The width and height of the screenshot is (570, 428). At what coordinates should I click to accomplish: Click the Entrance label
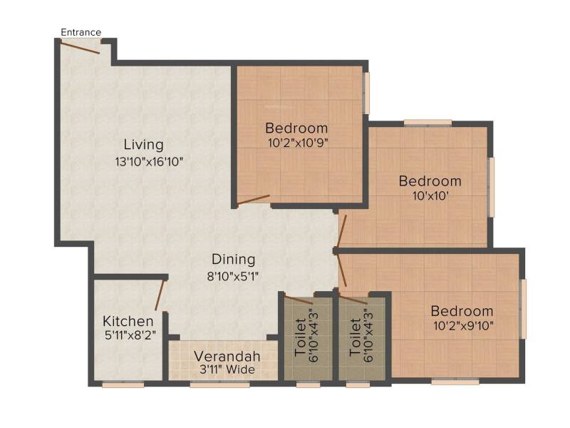click(x=81, y=32)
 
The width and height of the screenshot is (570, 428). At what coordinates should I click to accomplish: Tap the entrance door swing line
click(x=80, y=48)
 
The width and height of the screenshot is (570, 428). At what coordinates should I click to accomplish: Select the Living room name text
click(x=144, y=145)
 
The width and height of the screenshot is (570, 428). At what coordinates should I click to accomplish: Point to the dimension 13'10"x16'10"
click(x=149, y=162)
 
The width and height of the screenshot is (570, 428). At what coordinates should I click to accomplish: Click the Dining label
click(x=234, y=260)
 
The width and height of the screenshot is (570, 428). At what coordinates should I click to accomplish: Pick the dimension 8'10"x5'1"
click(x=233, y=276)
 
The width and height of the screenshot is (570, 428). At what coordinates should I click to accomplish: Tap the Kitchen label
click(x=128, y=322)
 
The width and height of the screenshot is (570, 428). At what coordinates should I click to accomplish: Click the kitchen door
click(x=160, y=295)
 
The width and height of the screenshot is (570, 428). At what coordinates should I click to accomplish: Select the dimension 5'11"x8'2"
click(x=130, y=335)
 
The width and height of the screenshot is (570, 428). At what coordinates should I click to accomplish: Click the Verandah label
click(x=227, y=356)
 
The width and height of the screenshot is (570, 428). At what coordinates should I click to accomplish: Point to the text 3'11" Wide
click(x=227, y=370)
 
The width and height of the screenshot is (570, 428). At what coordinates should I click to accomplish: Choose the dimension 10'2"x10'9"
click(x=298, y=143)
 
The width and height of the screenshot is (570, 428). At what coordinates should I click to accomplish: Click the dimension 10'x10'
click(x=430, y=196)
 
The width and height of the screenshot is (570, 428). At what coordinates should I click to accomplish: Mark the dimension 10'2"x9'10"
click(x=464, y=325)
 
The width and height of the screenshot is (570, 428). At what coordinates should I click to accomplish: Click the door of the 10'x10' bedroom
click(x=342, y=231)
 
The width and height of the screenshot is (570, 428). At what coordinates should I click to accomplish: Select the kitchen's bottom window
click(x=123, y=384)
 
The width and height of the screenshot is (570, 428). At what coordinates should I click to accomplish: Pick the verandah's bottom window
click(x=220, y=384)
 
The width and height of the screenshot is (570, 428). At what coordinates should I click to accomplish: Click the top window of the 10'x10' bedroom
click(x=428, y=123)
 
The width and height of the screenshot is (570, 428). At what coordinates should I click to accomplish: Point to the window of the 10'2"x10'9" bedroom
click(x=367, y=93)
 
